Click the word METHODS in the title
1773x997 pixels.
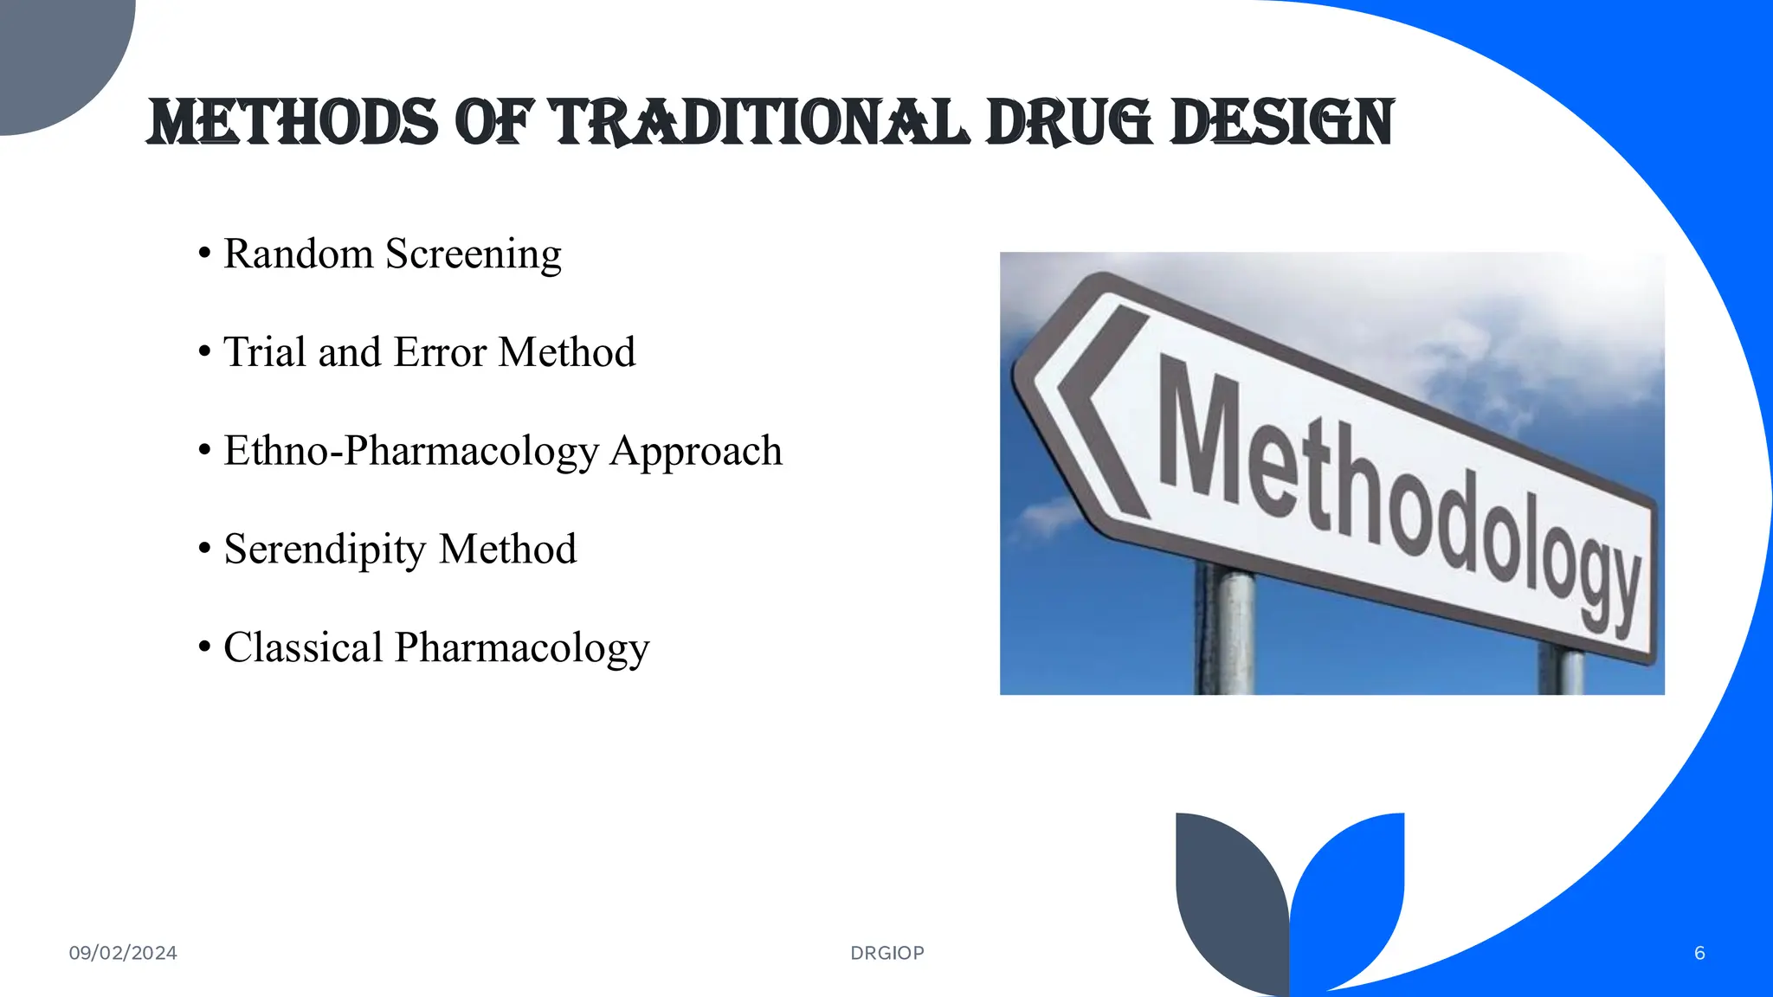[293, 123]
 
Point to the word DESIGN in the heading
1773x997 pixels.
[1281, 123]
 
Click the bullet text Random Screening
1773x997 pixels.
[392, 254]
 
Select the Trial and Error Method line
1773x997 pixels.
[429, 353]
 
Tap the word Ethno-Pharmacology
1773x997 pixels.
[410, 452]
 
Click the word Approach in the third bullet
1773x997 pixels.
[696, 452]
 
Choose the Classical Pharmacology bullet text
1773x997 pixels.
[436, 648]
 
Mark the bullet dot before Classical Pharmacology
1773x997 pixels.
[204, 647]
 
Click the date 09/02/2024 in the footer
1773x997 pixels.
[123, 953]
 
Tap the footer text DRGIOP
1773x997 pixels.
[887, 953]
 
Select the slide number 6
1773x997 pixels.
[1699, 953]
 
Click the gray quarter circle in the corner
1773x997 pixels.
[52, 52]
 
